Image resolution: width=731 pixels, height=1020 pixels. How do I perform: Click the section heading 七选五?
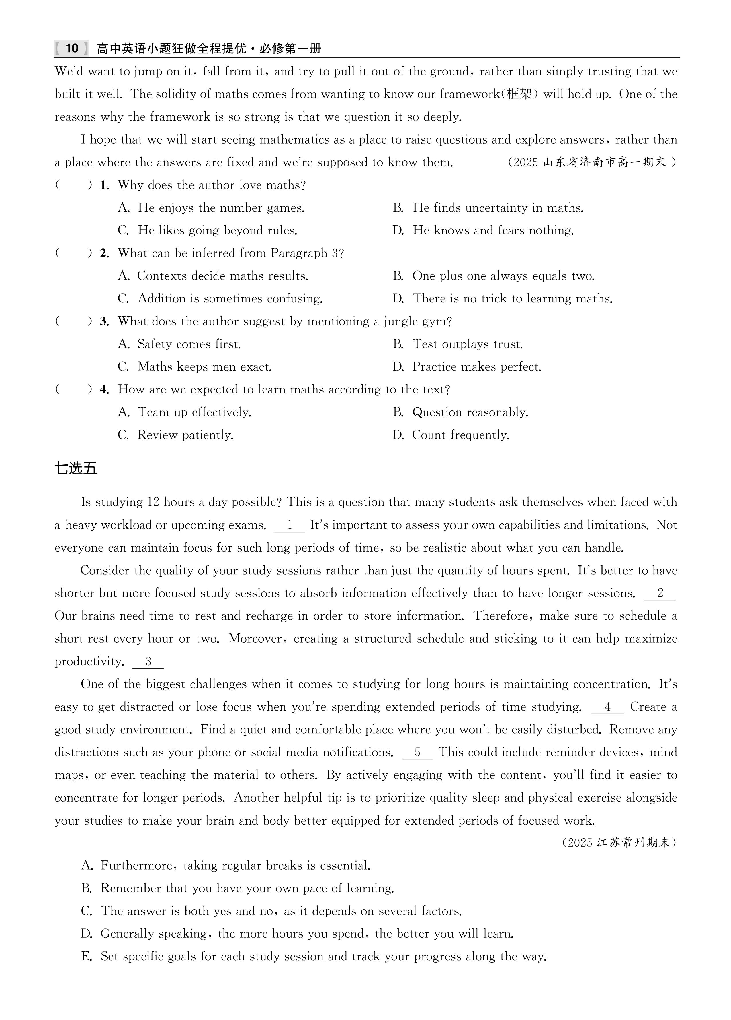(75, 469)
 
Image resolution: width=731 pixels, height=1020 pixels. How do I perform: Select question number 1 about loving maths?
(105, 185)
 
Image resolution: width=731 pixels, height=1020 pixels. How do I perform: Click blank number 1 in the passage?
(289, 525)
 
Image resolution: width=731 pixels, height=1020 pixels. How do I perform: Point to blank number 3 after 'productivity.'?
(148, 662)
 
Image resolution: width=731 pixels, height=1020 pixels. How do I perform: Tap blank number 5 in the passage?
(417, 753)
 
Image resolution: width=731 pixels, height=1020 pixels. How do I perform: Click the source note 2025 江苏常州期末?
(619, 842)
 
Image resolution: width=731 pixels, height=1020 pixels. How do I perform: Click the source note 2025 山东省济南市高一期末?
(592, 162)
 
